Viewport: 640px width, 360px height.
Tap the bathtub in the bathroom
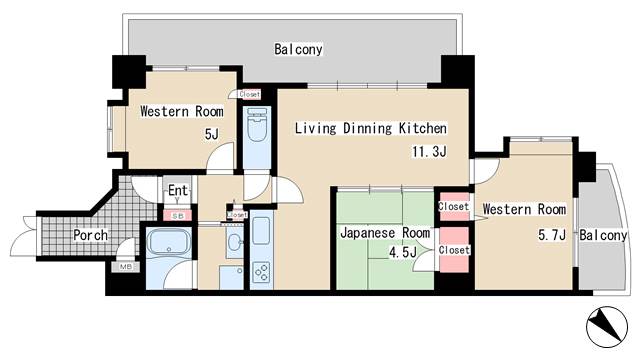pyautogui.click(x=170, y=244)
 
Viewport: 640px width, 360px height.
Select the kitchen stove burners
pyautogui.click(x=261, y=272)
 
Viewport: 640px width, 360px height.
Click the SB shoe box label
pyautogui.click(x=178, y=215)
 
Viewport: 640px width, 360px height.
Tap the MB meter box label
pyautogui.click(x=126, y=266)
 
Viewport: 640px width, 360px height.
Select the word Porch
pyautogui.click(x=91, y=236)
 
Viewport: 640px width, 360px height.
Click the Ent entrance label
pyautogui.click(x=178, y=191)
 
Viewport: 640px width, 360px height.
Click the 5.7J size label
pyautogui.click(x=552, y=235)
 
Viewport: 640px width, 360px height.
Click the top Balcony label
pyautogui.click(x=299, y=49)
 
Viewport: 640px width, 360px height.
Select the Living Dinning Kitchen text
pyautogui.click(x=369, y=129)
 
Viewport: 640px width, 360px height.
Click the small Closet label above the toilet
pyautogui.click(x=250, y=94)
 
